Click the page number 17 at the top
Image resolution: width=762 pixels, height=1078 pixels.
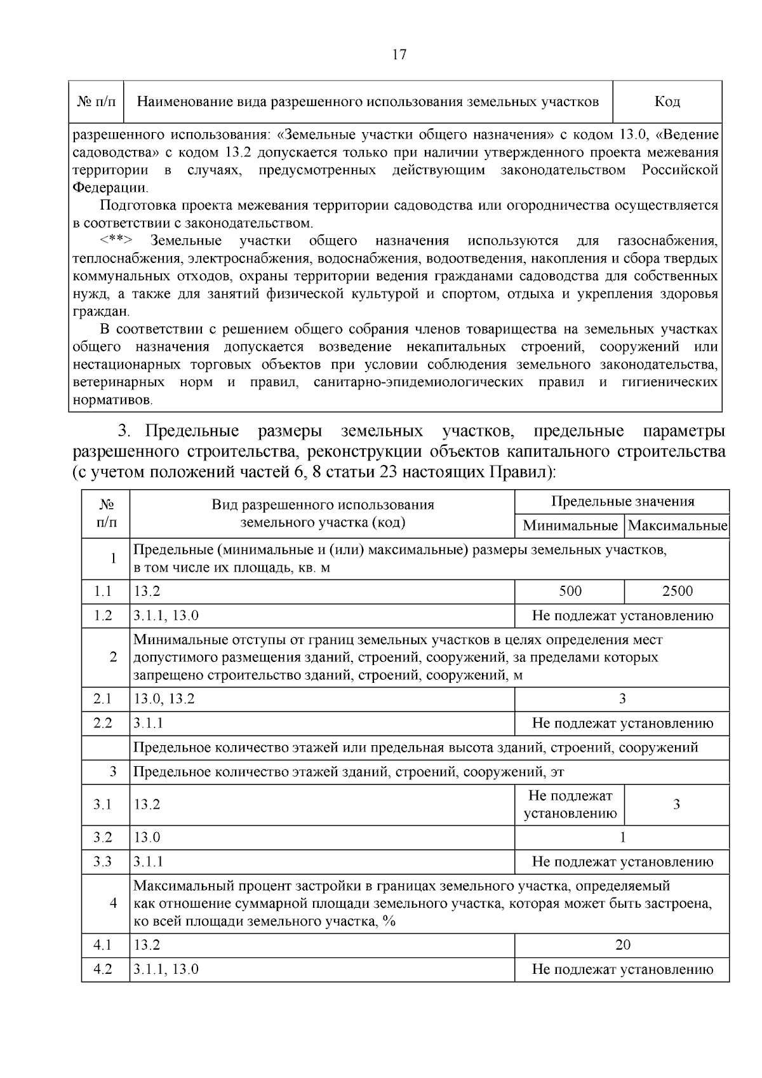(399, 55)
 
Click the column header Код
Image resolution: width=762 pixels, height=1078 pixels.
(667, 102)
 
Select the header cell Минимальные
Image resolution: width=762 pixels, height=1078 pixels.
(570, 526)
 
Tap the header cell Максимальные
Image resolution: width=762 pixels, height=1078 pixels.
(677, 526)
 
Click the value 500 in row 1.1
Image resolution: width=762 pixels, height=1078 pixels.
(570, 591)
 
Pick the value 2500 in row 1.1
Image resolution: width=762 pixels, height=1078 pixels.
(677, 591)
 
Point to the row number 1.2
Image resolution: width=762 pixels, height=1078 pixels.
(103, 616)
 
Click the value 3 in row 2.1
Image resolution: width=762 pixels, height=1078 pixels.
(622, 699)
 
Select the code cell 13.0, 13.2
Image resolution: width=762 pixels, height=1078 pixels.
(164, 699)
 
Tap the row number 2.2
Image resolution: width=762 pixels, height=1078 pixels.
(103, 723)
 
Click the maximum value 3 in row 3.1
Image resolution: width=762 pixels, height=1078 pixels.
(676, 804)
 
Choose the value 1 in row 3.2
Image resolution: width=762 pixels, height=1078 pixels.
(622, 837)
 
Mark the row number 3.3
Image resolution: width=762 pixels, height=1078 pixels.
(103, 861)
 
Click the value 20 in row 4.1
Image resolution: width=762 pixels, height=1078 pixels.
(622, 945)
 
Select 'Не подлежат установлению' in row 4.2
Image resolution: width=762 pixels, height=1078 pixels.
(622, 969)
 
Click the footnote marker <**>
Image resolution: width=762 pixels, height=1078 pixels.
(116, 241)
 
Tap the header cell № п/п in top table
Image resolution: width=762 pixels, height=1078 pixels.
(97, 102)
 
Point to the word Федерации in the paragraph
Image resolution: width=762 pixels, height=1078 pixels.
(109, 188)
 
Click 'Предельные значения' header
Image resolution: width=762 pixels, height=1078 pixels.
(622, 502)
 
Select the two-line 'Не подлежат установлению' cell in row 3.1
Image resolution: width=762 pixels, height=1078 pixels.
(570, 804)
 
